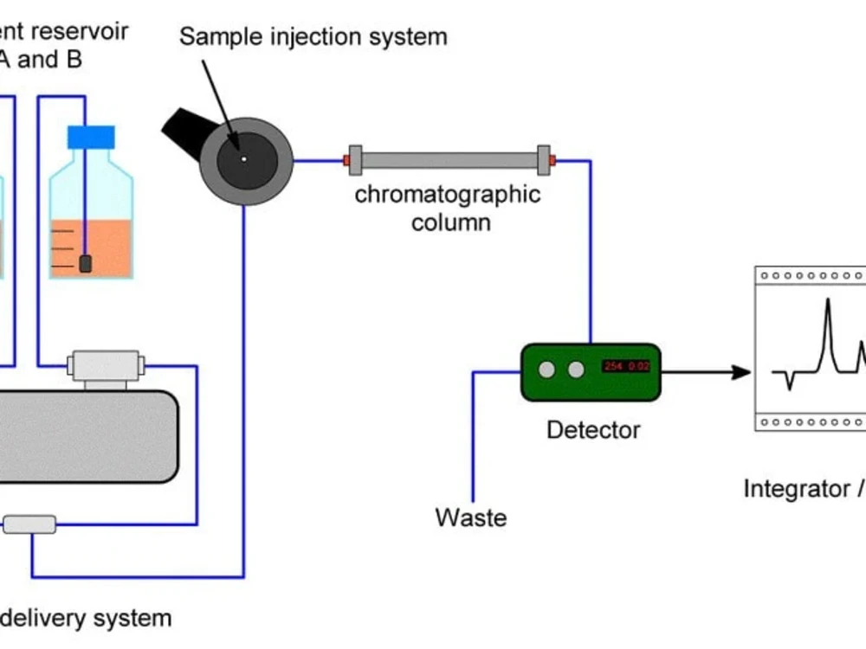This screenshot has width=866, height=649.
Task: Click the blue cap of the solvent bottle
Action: point(91,136)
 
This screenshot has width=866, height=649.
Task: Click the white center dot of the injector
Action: point(244,159)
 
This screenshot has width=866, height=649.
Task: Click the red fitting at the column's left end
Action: point(346,160)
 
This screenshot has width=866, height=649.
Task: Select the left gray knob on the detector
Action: point(546,370)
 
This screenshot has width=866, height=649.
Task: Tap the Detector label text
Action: point(593,429)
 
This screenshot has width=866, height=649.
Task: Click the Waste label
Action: point(470,517)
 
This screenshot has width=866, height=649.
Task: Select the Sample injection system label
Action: point(313,36)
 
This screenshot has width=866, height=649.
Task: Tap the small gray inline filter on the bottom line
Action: point(29,524)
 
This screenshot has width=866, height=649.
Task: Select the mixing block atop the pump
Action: point(105,364)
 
